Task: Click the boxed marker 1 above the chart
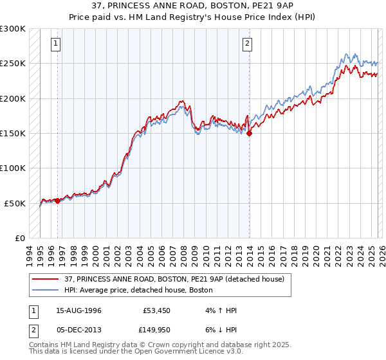click(57, 44)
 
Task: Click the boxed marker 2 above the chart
click(248, 44)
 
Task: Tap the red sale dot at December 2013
click(249, 134)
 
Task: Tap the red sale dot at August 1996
click(57, 201)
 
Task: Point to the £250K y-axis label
click(13, 64)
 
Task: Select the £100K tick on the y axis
click(13, 168)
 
